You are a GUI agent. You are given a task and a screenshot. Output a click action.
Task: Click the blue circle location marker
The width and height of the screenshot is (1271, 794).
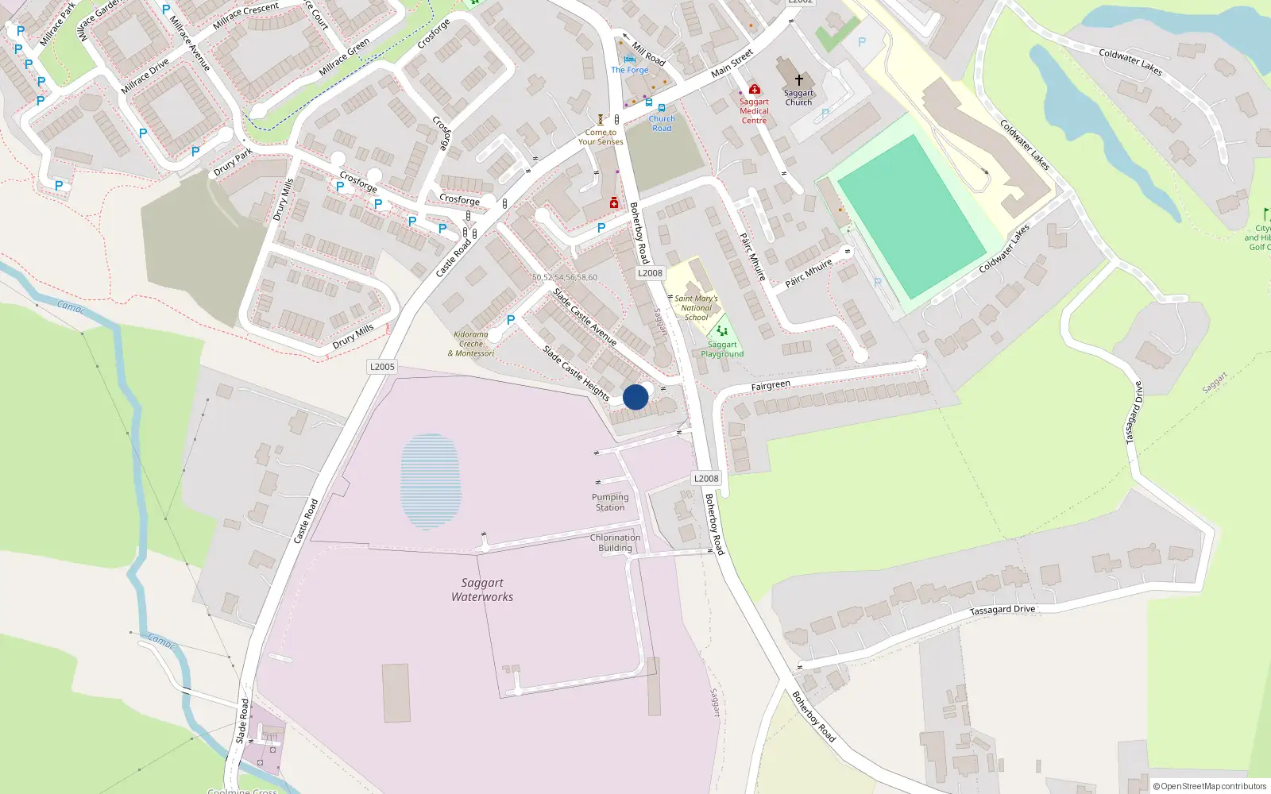(635, 397)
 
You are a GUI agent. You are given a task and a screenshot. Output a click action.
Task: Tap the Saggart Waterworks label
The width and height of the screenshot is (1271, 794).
(482, 590)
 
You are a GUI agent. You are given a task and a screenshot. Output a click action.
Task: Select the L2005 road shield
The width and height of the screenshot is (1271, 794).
(382, 367)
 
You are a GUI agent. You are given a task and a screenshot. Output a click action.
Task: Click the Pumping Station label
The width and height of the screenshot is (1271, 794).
(610, 503)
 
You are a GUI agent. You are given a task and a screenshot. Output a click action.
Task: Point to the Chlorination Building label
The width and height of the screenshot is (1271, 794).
(615, 543)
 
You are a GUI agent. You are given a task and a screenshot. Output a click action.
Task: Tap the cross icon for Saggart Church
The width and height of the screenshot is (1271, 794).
(799, 80)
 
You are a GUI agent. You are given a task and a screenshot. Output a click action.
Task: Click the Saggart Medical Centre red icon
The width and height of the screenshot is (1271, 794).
(755, 89)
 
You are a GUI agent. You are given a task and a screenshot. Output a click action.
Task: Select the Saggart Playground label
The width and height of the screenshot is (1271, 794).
(722, 349)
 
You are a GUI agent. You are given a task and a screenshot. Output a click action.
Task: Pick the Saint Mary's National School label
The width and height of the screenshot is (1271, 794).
(696, 308)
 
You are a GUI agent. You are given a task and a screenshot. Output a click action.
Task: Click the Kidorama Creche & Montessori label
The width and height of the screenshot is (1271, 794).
(471, 344)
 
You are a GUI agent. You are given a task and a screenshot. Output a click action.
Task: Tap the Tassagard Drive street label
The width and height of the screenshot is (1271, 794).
(1003, 610)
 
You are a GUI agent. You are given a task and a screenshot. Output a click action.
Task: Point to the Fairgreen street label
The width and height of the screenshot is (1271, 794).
(771, 386)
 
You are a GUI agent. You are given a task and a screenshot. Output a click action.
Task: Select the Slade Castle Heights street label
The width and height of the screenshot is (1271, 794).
(576, 372)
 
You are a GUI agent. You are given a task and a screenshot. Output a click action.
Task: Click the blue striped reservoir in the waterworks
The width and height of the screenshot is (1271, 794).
(430, 480)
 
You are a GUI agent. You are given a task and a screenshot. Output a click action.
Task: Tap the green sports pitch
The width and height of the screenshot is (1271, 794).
(911, 217)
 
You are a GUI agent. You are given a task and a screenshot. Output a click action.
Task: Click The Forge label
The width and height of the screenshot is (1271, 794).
(630, 70)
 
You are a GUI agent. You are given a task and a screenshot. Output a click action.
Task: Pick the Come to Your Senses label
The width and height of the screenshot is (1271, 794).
(601, 137)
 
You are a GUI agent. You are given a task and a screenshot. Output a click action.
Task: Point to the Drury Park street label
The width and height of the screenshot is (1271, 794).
(233, 162)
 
